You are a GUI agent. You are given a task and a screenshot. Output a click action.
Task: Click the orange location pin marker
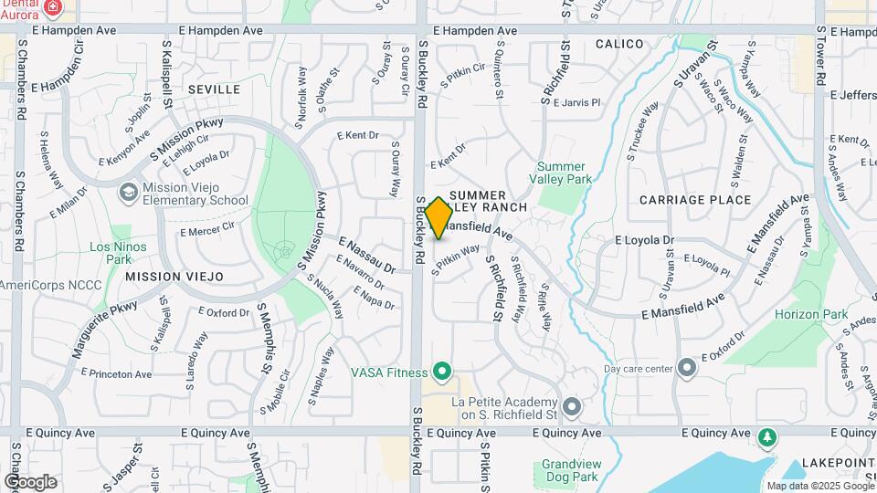[438, 218]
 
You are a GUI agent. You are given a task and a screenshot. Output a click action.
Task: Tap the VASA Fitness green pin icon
[442, 372]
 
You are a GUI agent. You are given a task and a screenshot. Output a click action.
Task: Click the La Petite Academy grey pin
[573, 405]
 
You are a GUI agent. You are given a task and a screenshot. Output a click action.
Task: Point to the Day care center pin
[687, 369]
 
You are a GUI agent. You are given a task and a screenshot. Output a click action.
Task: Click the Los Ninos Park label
[111, 253]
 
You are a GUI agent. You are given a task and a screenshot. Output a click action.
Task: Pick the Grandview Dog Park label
[569, 469]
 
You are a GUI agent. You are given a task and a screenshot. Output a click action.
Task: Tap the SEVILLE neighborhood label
[214, 89]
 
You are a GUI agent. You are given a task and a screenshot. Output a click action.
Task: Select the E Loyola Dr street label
[643, 240]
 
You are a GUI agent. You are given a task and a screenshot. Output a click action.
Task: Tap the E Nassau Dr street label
[366, 255]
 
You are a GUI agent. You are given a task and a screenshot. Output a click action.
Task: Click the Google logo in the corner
[29, 481]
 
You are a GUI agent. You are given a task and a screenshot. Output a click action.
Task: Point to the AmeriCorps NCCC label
[37, 285]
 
